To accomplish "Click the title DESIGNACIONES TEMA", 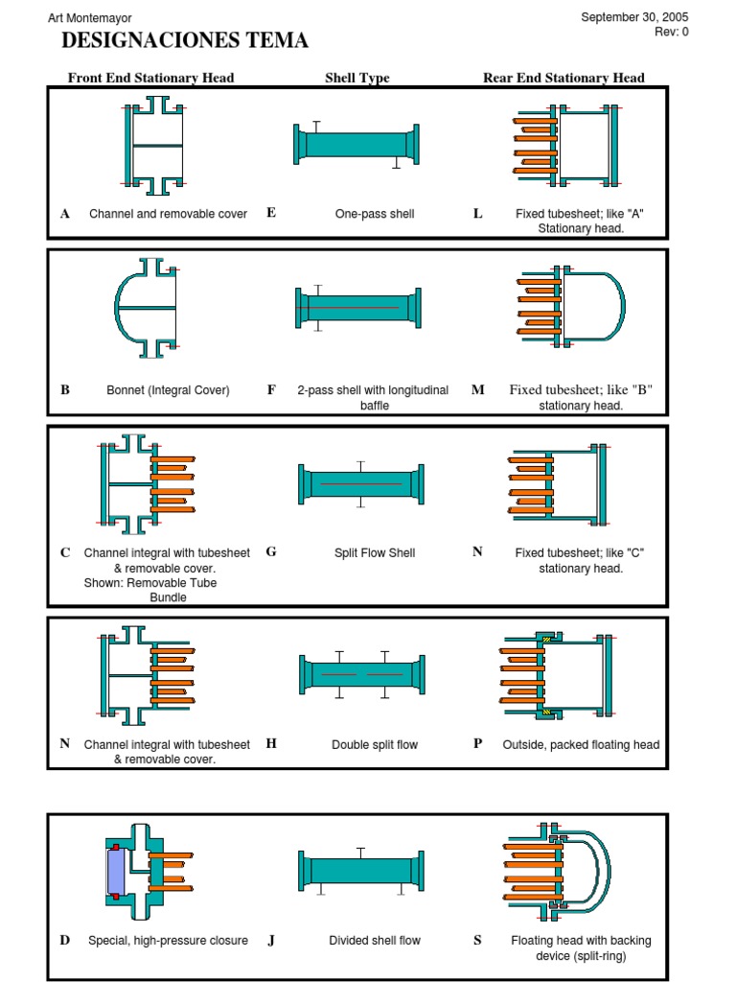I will tap(185, 40).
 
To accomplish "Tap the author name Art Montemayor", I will tap(90, 18).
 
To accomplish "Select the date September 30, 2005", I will tap(634, 17).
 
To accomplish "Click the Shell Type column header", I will tap(357, 78).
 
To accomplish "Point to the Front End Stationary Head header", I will tap(150, 78).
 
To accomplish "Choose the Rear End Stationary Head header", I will tap(563, 78).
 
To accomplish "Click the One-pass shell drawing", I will tap(356, 145).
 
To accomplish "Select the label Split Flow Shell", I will tap(375, 553).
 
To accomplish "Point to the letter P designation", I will tap(477, 744).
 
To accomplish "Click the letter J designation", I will tap(271, 941).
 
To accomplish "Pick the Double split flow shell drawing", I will tap(360, 675).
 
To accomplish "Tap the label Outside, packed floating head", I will tap(581, 745).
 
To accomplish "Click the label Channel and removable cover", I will tap(168, 214).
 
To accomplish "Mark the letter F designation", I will tap(271, 390).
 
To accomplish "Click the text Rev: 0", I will tap(671, 32).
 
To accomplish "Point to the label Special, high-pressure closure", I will tap(168, 941).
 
